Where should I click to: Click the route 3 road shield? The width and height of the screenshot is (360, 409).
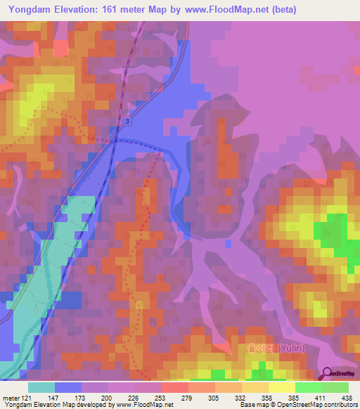[x=127, y=122]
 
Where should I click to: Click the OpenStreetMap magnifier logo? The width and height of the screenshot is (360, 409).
[x=328, y=372]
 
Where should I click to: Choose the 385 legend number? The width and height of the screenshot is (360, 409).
[x=295, y=397]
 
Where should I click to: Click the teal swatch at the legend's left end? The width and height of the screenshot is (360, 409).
[x=41, y=387]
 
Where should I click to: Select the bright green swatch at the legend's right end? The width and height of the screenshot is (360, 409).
[x=335, y=387]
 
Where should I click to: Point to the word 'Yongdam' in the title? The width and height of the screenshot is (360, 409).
[x=32, y=9]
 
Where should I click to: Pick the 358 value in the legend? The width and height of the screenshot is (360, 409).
[x=268, y=397]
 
